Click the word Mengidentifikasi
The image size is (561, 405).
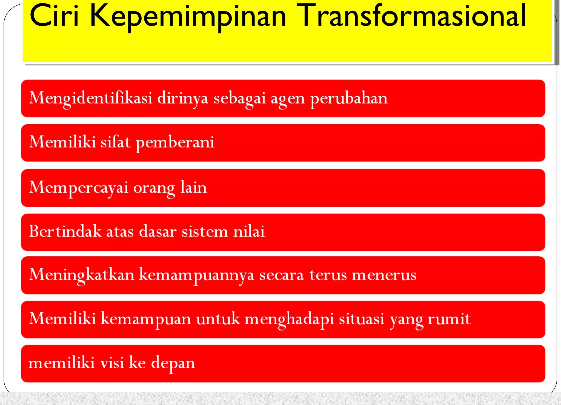[91, 98]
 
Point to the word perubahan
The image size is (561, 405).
[349, 98]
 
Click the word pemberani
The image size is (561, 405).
[175, 143]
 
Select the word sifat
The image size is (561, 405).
[116, 142]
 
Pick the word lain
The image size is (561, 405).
[193, 188]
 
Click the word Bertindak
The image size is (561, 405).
[65, 231]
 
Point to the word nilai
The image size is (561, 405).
[249, 231]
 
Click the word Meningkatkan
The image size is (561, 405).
[82, 275]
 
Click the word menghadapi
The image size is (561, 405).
[289, 319]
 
